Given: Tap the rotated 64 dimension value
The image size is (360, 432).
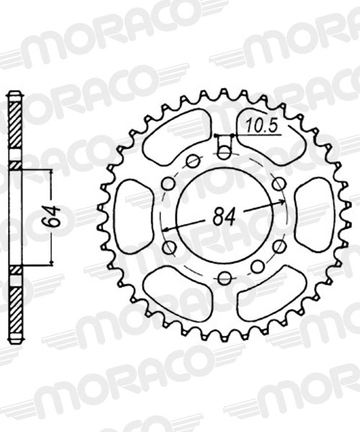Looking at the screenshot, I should (49, 217).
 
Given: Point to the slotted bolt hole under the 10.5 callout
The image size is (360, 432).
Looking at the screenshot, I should (224, 152).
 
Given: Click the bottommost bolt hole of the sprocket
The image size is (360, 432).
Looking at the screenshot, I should (224, 278).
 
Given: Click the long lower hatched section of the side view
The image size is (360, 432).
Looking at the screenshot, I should (14, 306).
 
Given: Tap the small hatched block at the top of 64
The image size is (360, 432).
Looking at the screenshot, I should (14, 166).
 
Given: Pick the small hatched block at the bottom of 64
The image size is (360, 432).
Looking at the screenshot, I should (14, 269).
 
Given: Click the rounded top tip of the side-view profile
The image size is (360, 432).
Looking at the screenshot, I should (14, 94).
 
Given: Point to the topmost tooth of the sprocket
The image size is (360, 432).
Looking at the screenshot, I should (223, 94).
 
